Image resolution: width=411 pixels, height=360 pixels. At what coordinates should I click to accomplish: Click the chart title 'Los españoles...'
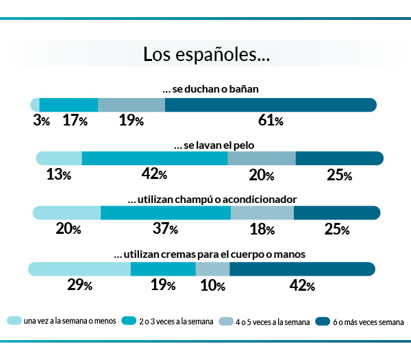click(x=206, y=54)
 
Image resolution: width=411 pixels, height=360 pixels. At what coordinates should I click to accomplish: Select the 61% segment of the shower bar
click(x=271, y=105)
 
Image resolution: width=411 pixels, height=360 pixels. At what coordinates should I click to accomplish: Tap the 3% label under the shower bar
click(x=41, y=121)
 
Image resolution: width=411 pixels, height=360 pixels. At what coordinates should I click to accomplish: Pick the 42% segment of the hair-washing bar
click(x=154, y=158)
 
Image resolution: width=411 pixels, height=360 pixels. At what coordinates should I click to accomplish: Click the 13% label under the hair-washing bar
click(x=59, y=175)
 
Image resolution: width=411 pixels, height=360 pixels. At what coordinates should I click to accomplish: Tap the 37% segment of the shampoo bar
click(x=165, y=213)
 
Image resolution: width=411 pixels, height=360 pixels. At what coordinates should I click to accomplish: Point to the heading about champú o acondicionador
click(x=212, y=199)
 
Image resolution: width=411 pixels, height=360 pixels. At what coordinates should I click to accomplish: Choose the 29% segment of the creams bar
click(x=79, y=268)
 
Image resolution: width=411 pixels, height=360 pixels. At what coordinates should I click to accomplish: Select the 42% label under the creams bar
click(x=301, y=285)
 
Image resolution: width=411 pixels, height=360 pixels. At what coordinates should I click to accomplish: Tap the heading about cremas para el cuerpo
click(x=209, y=254)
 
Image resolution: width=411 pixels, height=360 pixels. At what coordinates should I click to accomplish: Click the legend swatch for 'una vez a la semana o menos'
click(x=14, y=321)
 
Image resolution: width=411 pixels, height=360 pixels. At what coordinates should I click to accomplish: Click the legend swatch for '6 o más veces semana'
click(x=322, y=321)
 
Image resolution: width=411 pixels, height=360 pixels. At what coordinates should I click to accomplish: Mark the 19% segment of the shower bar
click(x=131, y=105)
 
